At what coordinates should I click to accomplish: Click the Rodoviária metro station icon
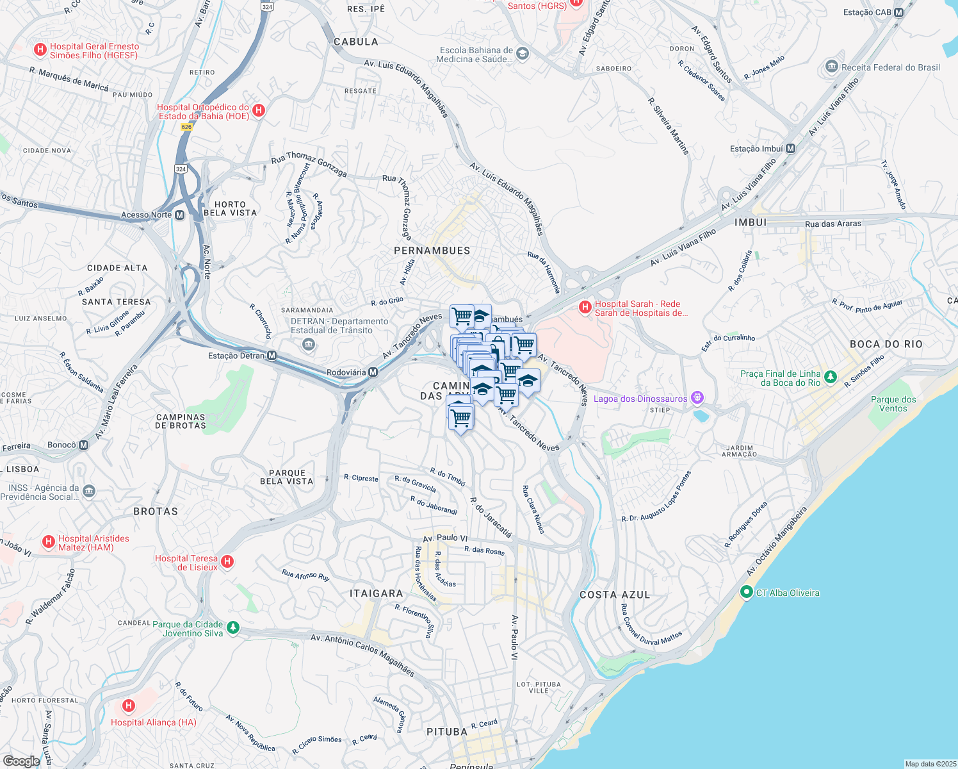[373, 372]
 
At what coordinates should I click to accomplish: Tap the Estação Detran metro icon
[272, 356]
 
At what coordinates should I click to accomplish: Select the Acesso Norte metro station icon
[179, 215]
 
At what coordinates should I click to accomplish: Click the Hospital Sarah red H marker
[585, 308]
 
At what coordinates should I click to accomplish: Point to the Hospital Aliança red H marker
[129, 706]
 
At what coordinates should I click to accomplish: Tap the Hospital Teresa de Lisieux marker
[227, 562]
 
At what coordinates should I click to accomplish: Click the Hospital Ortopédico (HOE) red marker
[259, 111]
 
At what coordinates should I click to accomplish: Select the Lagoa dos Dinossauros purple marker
[697, 399]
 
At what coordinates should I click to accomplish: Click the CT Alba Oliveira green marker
[746, 593]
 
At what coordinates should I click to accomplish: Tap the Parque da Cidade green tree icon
[233, 628]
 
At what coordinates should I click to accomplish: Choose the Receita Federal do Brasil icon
[832, 67]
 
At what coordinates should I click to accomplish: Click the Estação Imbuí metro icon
[790, 149]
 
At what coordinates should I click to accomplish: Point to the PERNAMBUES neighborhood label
[432, 251]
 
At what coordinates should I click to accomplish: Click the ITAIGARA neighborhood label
[377, 593]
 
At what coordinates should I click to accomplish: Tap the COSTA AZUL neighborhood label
[615, 595]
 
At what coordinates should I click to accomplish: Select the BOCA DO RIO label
[886, 344]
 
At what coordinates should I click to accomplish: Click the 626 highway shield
[186, 127]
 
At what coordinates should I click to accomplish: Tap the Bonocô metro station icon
[83, 445]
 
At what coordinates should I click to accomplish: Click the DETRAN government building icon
[309, 345]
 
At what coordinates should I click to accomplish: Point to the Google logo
[21, 761]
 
